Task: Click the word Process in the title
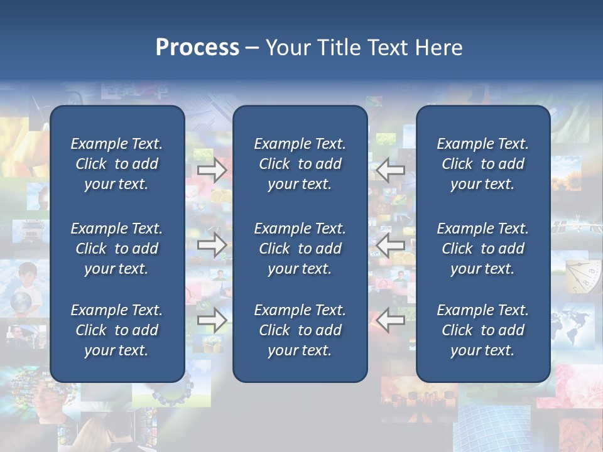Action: tap(197, 48)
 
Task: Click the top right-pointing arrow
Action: tap(212, 170)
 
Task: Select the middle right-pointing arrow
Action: tap(212, 245)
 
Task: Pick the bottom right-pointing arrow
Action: tap(212, 321)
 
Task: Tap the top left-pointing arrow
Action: tap(391, 170)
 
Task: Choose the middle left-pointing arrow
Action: tap(391, 245)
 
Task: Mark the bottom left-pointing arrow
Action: tap(391, 321)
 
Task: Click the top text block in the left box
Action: tap(117, 164)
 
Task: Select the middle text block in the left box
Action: tap(117, 249)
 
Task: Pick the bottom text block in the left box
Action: tap(117, 330)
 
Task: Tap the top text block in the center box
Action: tap(300, 164)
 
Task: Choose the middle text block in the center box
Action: tap(300, 249)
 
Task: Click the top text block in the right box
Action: tap(482, 164)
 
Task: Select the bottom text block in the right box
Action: tap(482, 330)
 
